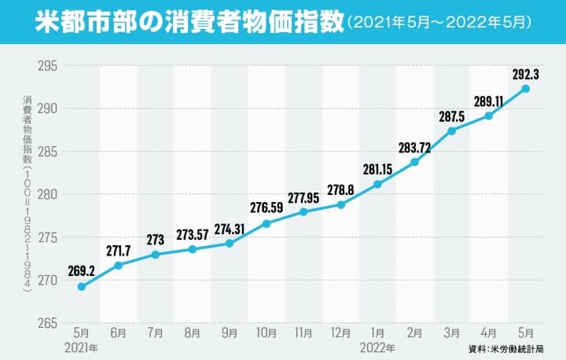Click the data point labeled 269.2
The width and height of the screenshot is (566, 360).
82,287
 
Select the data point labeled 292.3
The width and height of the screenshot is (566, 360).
525,89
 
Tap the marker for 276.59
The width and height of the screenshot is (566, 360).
266,223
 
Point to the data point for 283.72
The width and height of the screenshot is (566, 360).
414,162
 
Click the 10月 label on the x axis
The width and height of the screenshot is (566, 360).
266,333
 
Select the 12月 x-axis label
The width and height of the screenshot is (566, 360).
340,333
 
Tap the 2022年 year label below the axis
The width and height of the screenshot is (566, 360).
377,346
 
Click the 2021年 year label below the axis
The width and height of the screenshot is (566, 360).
82,346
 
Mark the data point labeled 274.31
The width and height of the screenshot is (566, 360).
230,244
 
